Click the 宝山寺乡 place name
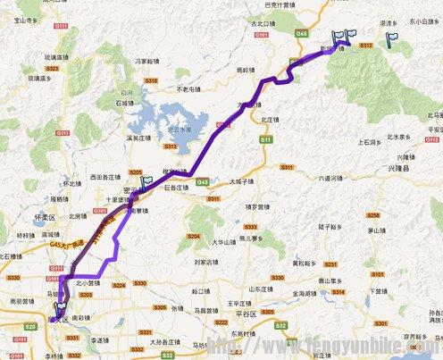click(22, 17)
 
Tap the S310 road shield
click(151, 80)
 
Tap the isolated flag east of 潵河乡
click(391, 39)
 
